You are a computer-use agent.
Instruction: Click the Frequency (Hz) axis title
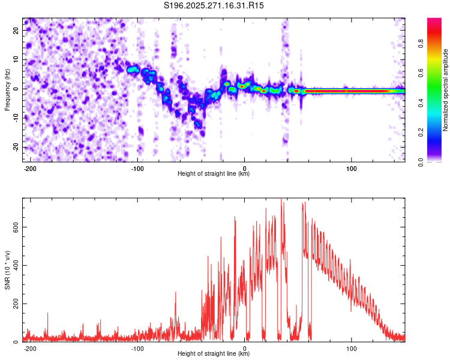[7, 89]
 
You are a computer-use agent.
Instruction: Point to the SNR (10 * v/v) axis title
[7, 271]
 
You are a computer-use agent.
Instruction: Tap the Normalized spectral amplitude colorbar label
[446, 90]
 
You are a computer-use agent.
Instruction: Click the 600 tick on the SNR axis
[15, 226]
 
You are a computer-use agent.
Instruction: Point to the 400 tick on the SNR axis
[15, 265]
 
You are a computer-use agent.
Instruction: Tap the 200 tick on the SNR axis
[15, 303]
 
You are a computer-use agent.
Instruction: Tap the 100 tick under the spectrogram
[352, 168]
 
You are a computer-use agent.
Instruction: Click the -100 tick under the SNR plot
[137, 348]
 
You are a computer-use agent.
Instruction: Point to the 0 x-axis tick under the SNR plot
[245, 348]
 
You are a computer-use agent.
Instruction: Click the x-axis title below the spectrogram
[214, 174]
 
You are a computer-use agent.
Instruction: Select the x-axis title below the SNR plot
[214, 354]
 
